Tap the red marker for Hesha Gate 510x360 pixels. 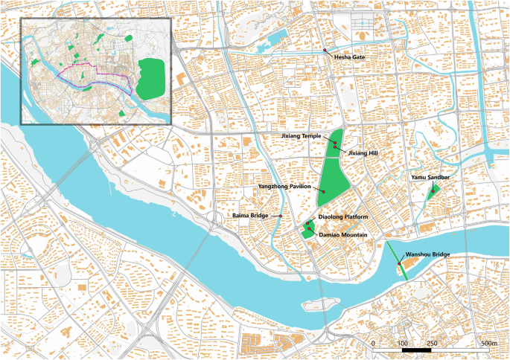pyautogui.click(x=325, y=51)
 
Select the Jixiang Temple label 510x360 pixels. pyautogui.click(x=300, y=137)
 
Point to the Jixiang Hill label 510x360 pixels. pyautogui.click(x=363, y=152)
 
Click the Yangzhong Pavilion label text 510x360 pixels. pyautogui.click(x=283, y=187)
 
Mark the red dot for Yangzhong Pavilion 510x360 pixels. pyautogui.click(x=324, y=192)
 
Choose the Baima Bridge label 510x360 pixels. pyautogui.click(x=249, y=216)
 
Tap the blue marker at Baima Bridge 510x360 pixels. pyautogui.click(x=281, y=216)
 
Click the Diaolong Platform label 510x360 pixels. pyautogui.click(x=343, y=216)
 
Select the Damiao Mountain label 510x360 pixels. pyautogui.click(x=343, y=234)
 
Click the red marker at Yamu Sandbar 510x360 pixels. pyautogui.click(x=433, y=192)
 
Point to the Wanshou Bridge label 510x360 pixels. pyautogui.click(x=427, y=254)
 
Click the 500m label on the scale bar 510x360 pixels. pyautogui.click(x=488, y=344)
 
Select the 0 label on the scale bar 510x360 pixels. pyautogui.click(x=372, y=344)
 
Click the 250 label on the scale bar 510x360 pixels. pyautogui.click(x=431, y=344)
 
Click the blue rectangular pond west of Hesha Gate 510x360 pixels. pyautogui.click(x=277, y=38)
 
